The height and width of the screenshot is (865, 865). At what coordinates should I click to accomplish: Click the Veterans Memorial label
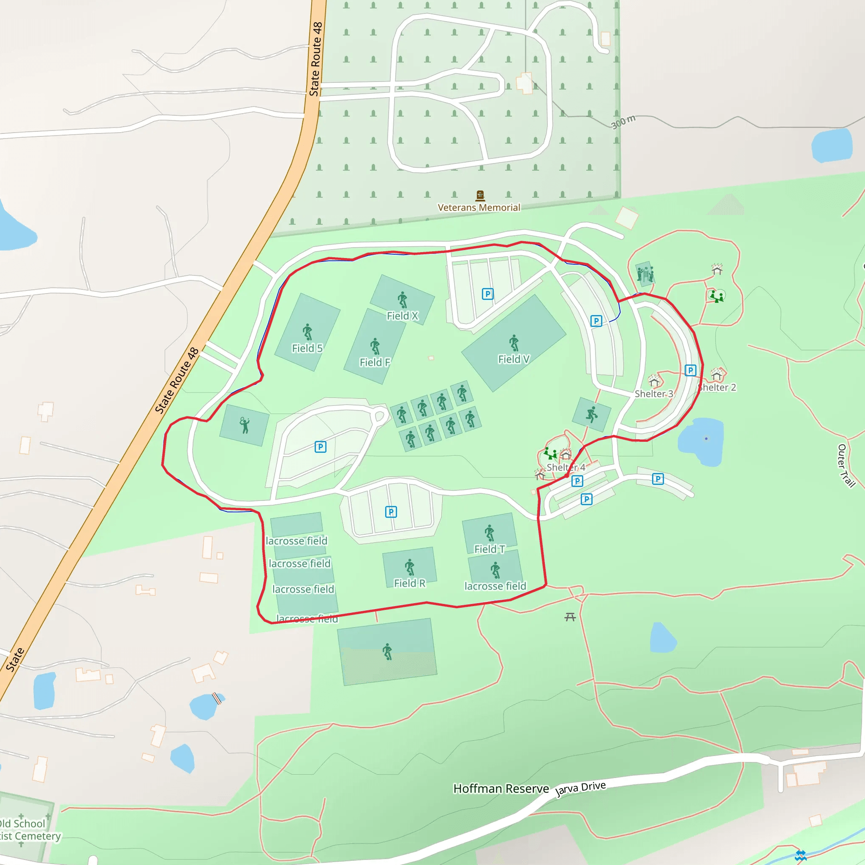(479, 207)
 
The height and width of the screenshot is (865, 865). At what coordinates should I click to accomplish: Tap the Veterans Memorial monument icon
(480, 195)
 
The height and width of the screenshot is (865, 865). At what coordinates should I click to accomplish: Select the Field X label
(402, 316)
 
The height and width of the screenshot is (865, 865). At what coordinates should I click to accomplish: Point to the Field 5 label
(307, 348)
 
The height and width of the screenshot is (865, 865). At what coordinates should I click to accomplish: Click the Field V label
(514, 359)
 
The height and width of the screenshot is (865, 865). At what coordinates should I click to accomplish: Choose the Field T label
(490, 549)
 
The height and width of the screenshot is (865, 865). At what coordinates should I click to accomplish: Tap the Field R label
(409, 583)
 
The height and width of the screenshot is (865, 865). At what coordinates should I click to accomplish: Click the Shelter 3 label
(653, 394)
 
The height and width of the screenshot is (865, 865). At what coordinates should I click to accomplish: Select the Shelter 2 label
(717, 387)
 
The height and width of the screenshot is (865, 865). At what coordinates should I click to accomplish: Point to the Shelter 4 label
(566, 467)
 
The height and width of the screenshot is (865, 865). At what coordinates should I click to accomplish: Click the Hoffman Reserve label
(501, 789)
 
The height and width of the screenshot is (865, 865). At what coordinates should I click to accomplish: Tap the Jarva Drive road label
(580, 789)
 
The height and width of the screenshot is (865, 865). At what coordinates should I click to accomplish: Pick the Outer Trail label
(846, 465)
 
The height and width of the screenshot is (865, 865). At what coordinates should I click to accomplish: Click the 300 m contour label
(623, 122)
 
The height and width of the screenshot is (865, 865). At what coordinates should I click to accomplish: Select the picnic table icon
(569, 617)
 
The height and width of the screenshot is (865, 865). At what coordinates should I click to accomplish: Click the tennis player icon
(245, 425)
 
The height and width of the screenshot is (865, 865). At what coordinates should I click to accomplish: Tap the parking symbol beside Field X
(487, 294)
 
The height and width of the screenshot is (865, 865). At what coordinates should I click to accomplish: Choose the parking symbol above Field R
(391, 512)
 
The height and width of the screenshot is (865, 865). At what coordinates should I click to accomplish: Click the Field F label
(375, 362)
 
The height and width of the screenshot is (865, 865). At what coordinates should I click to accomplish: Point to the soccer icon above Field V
(514, 343)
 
